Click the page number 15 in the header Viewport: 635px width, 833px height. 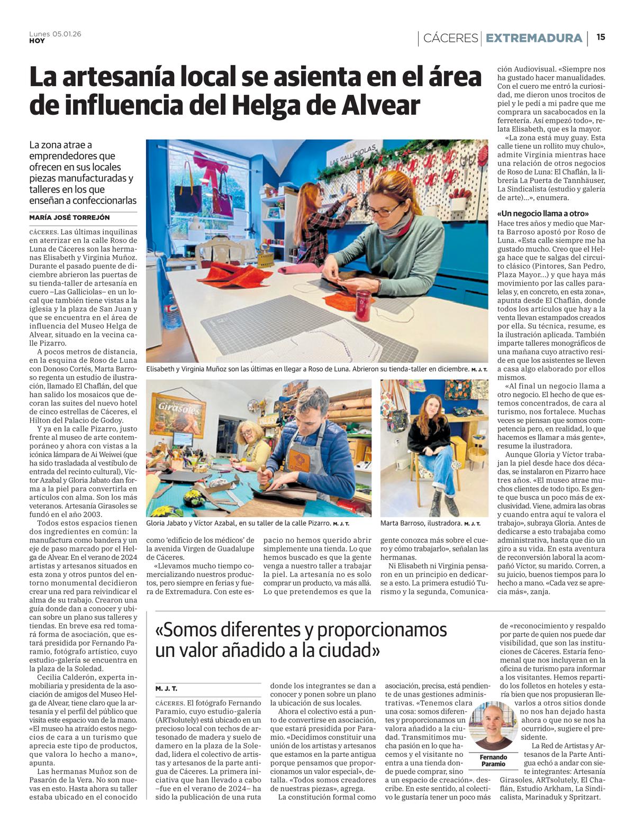(x=601, y=37)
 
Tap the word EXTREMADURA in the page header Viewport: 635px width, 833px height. (x=534, y=38)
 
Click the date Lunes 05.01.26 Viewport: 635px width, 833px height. (x=55, y=34)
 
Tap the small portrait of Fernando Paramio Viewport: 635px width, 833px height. (x=493, y=726)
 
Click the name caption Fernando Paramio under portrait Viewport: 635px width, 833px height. (x=493, y=761)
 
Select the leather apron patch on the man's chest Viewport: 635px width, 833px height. (x=298, y=459)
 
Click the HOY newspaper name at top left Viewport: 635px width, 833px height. (x=37, y=41)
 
